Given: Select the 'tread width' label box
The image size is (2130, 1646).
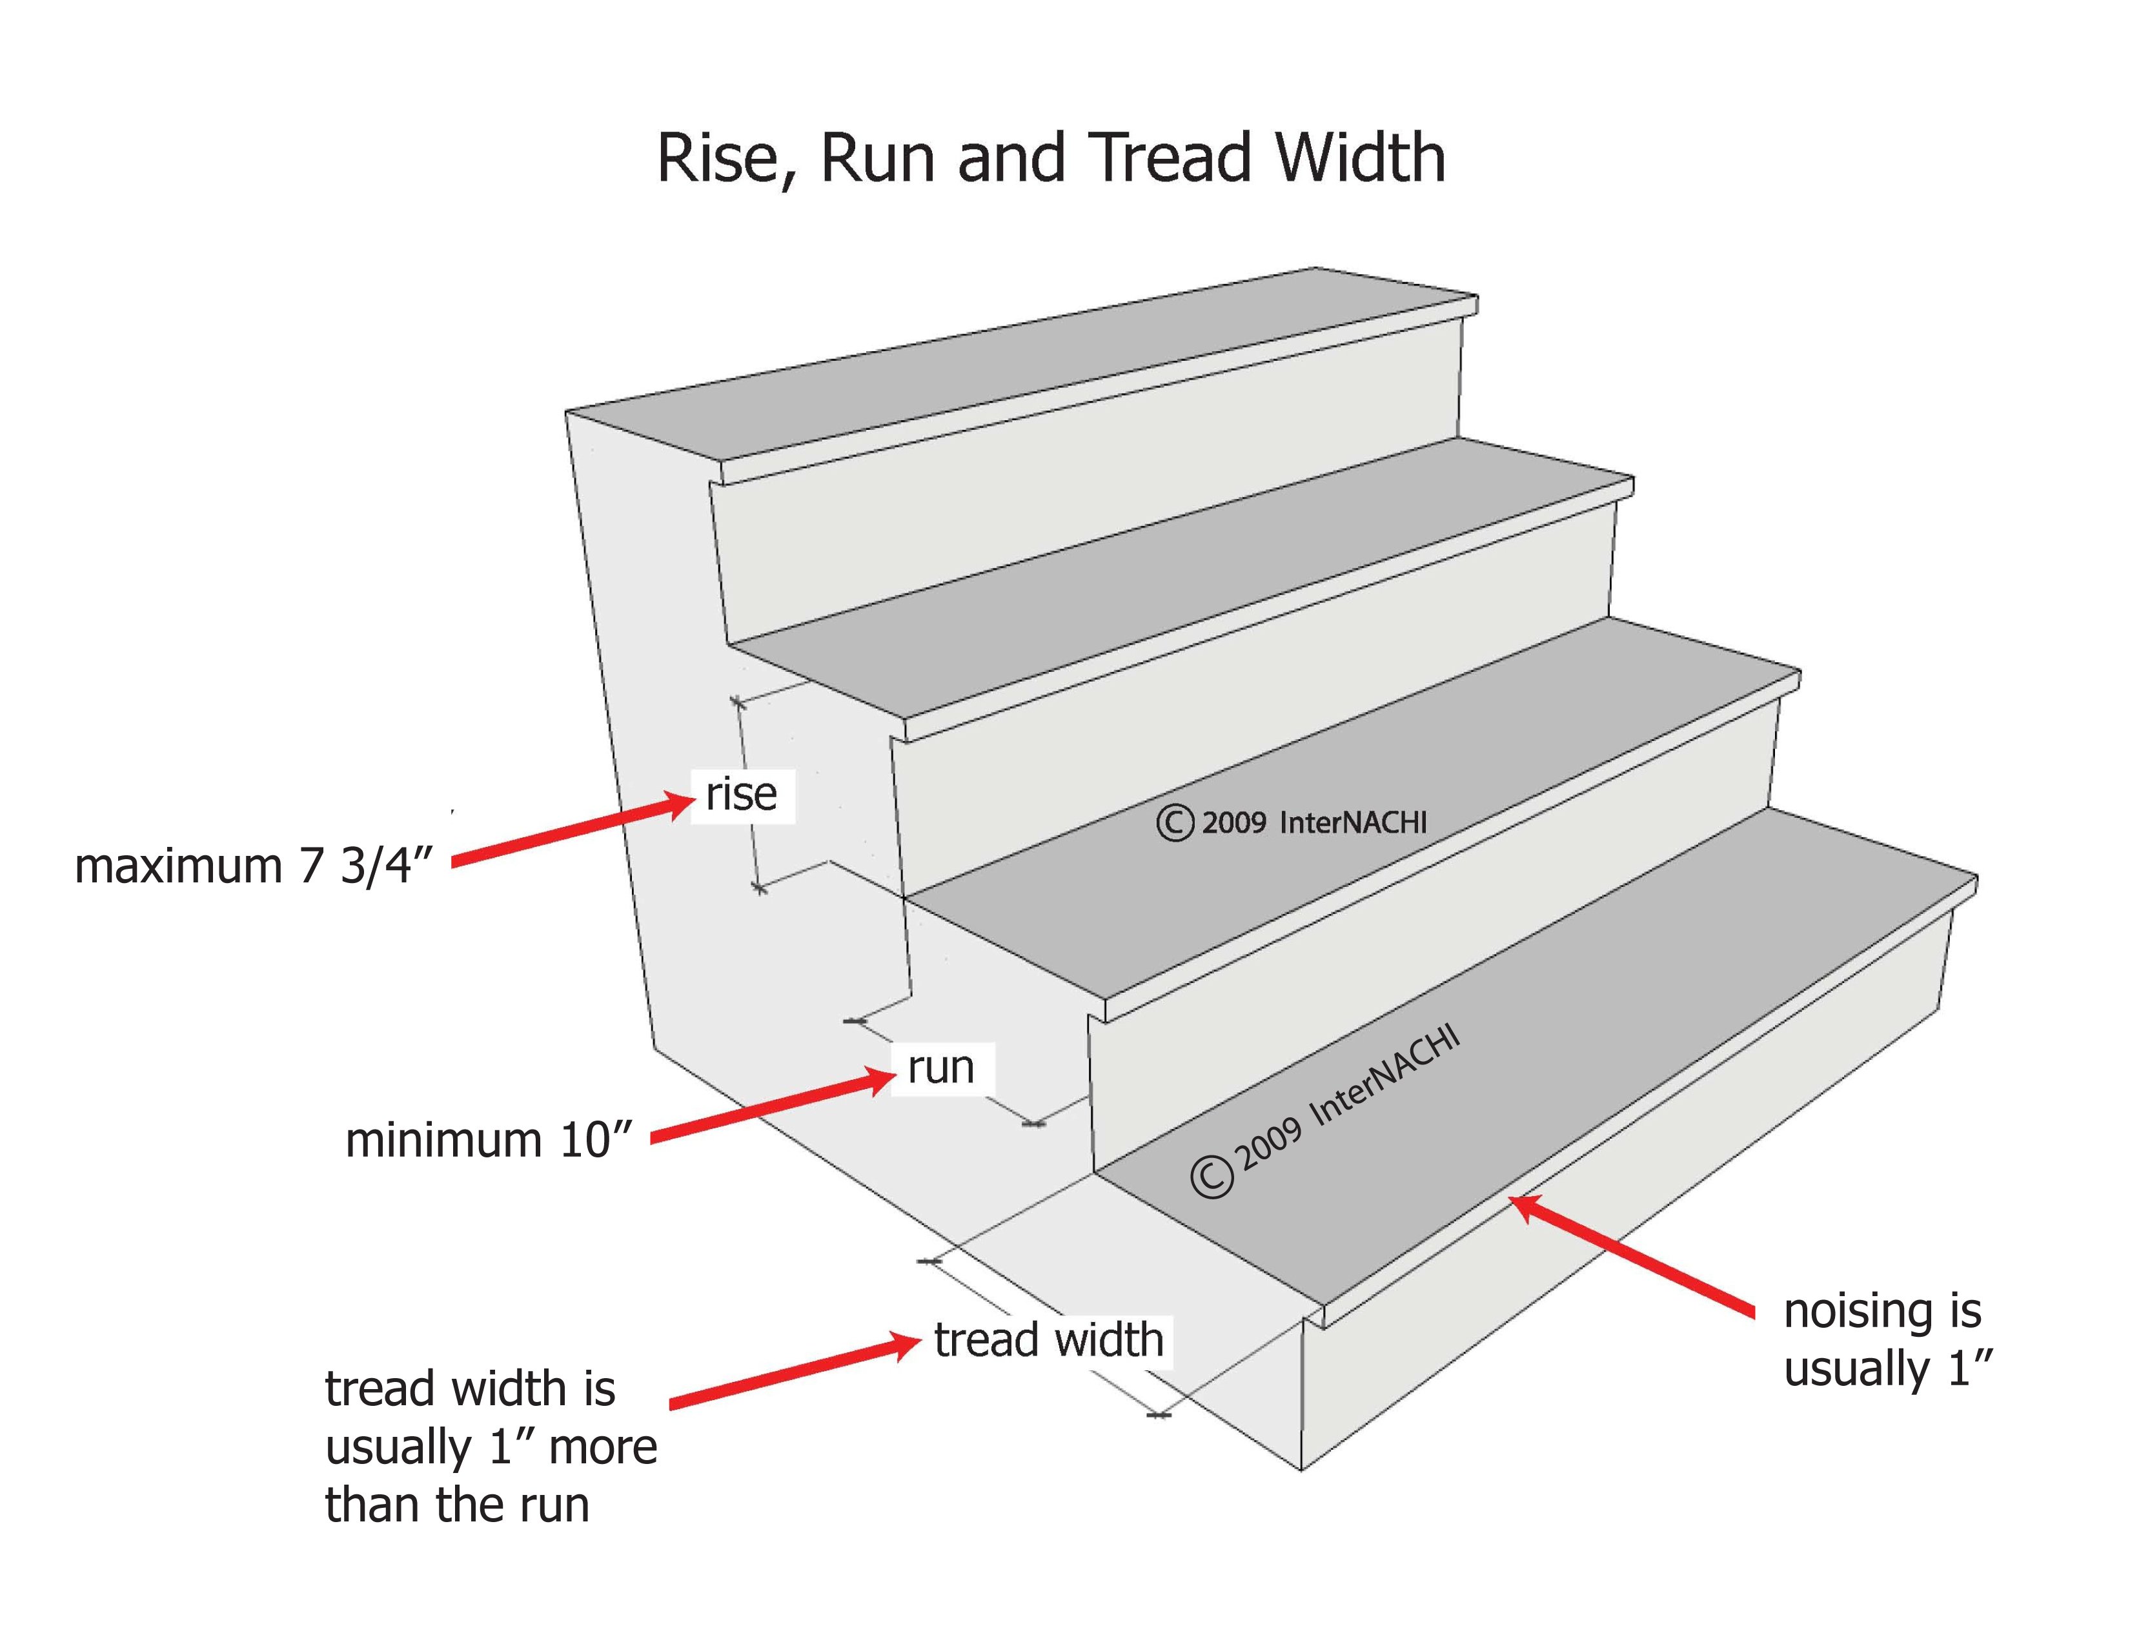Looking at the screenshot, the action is [1050, 1340].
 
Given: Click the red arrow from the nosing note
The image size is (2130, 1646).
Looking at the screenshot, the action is [1632, 1255].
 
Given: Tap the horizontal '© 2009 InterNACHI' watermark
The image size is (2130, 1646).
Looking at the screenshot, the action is [1292, 823].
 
